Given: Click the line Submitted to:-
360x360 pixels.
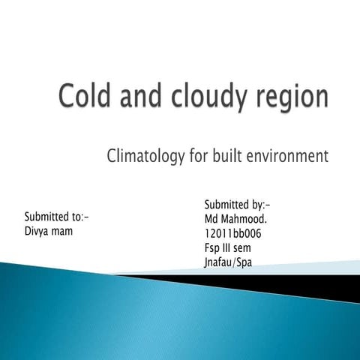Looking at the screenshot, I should [56, 217].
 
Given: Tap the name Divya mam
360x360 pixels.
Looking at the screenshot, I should [49, 231].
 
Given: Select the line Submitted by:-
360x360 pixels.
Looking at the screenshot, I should [237, 205].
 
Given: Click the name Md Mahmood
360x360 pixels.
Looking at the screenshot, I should [235, 219].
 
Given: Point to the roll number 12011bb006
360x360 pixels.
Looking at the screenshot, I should [232, 233].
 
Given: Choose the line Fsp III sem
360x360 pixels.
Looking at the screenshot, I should [226, 247].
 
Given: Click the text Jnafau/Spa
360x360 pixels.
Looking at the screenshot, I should [227, 262].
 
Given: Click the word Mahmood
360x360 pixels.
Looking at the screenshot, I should [244, 219].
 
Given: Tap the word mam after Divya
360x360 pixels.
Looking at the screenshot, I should [63, 231].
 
